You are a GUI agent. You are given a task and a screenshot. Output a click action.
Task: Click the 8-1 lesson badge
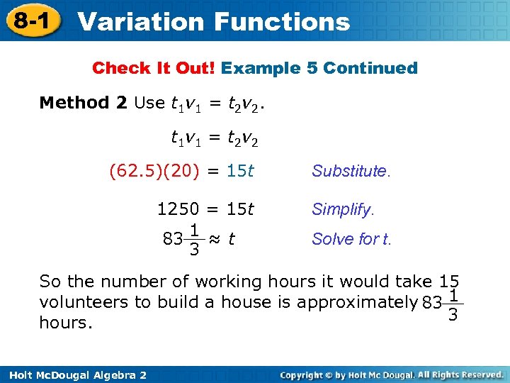30,21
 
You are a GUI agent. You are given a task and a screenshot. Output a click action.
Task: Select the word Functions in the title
283,21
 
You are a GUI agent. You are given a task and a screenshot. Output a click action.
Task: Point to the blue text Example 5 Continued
319,68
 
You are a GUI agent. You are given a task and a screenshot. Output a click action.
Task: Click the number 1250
178,209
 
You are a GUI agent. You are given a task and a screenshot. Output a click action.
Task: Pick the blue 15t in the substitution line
240,171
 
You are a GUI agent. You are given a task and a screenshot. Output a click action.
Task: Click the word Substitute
351,171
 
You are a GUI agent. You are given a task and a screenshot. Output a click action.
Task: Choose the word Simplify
343,209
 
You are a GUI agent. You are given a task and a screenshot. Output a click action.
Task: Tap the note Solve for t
351,239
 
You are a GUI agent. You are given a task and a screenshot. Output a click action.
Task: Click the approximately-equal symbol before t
216,239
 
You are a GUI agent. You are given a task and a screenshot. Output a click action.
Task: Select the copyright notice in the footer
393,374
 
